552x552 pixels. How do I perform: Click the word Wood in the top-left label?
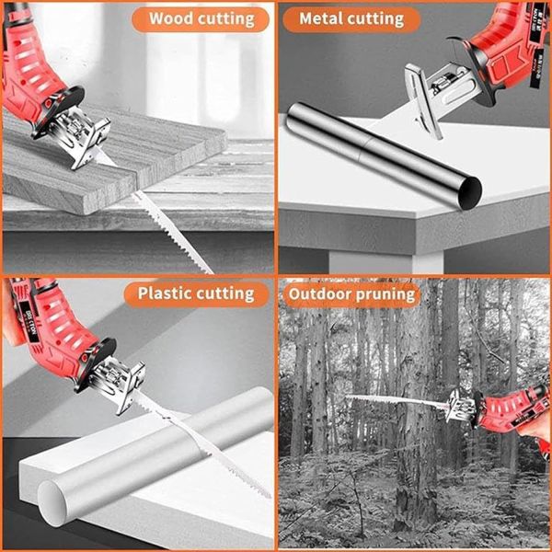click(x=172, y=18)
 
